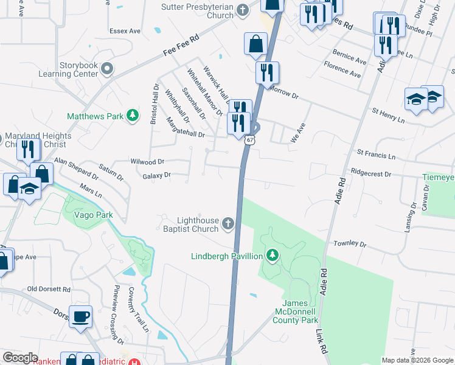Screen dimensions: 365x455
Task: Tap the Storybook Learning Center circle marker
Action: tap(107, 69)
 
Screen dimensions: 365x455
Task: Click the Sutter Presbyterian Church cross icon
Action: tap(243, 10)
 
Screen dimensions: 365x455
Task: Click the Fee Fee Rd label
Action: tap(181, 46)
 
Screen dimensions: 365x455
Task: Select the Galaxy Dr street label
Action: tap(156, 175)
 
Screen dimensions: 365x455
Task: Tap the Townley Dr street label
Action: tap(350, 243)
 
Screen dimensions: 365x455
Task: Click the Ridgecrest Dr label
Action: tap(370, 173)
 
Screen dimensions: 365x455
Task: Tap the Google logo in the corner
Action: tap(21, 358)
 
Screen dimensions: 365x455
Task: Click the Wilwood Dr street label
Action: tap(148, 162)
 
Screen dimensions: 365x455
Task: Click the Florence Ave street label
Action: tap(342, 69)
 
